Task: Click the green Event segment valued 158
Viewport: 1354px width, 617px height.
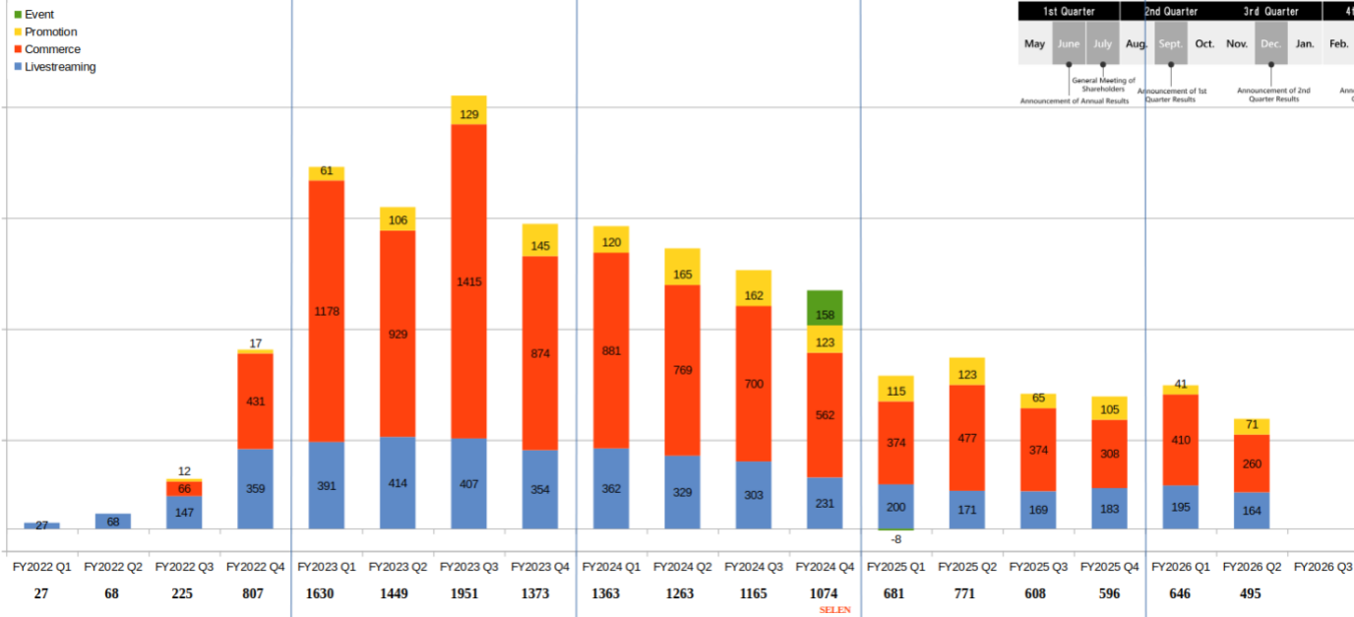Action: (825, 308)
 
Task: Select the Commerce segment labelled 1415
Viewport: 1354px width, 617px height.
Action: (468, 281)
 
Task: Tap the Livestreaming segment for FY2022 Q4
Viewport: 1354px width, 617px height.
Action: (255, 489)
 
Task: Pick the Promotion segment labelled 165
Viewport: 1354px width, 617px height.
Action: (682, 267)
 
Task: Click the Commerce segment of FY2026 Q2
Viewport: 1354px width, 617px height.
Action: (1252, 463)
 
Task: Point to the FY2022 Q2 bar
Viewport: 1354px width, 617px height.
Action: (113, 522)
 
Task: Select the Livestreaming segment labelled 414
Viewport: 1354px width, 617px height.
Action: (398, 483)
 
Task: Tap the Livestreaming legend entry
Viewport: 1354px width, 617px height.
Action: (59, 67)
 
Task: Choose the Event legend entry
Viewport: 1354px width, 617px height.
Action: (38, 15)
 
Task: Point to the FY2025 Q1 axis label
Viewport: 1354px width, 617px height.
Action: (896, 568)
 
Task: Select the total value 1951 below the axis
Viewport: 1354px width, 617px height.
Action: (468, 594)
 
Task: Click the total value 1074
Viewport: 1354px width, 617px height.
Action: (824, 594)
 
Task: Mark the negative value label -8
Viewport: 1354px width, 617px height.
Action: (895, 539)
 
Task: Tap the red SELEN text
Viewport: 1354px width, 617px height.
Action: (834, 610)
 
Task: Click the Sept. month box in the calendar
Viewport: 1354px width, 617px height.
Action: (1171, 44)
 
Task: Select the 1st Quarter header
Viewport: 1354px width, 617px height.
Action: (1069, 12)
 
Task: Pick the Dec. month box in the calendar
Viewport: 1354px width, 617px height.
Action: (1270, 44)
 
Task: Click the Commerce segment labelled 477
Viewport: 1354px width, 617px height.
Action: (967, 438)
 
